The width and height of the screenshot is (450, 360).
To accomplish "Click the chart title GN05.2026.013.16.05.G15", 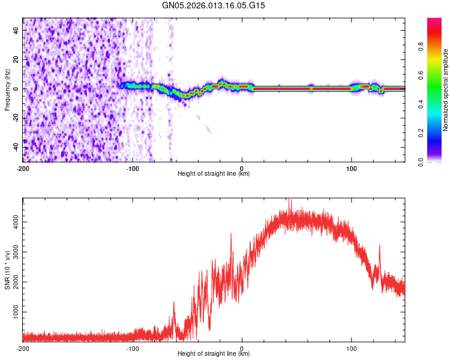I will [214, 5].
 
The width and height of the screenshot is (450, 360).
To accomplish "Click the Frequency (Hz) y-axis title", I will [7, 89].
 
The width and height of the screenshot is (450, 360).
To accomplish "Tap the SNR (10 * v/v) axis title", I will [7, 269].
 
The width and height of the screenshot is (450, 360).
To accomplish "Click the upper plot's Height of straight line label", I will [214, 173].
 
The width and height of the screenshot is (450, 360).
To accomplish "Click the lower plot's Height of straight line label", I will [214, 353].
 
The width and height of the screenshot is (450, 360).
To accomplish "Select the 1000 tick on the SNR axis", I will [13, 313].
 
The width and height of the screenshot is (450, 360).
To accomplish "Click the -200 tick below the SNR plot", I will [23, 348].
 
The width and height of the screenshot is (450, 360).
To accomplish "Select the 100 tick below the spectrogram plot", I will [351, 168].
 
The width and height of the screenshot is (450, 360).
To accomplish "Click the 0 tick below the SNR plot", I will [242, 348].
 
